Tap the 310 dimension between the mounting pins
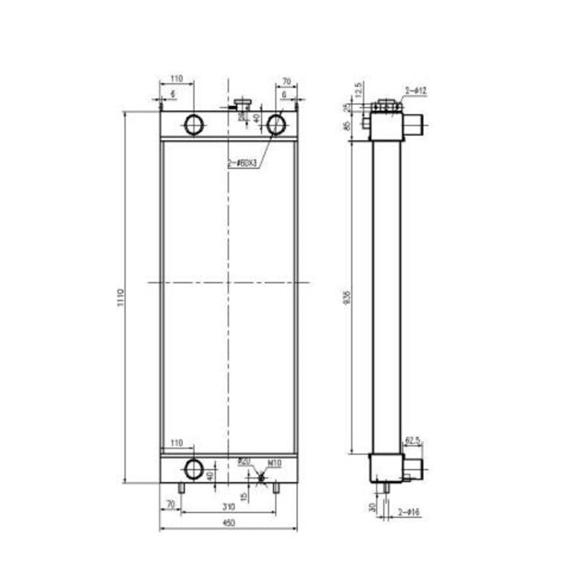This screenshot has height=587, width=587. tap(228, 505)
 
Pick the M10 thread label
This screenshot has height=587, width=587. tap(275, 463)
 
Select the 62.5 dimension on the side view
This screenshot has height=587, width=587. tap(412, 441)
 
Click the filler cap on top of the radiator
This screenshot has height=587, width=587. tap(242, 104)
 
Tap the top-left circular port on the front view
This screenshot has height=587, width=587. tap(194, 124)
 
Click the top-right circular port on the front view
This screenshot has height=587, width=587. tap(277, 124)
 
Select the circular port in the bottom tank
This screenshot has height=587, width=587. tap(194, 468)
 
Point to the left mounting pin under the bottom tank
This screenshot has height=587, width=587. tap(182, 488)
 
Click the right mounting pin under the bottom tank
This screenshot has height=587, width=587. tap(276, 488)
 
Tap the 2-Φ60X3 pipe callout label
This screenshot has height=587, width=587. tap(243, 164)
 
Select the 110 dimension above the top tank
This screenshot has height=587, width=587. tap(176, 79)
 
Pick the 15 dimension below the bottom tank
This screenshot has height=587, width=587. tap(243, 496)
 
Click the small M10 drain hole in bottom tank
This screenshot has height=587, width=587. tap(262, 477)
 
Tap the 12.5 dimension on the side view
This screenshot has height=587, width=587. tap(358, 89)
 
